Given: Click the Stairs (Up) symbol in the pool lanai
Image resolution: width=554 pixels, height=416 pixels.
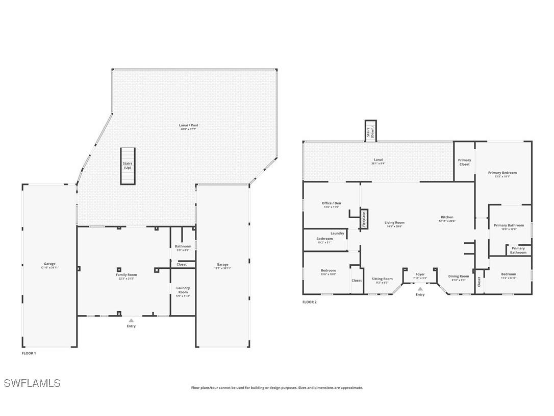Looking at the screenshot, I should tap(128, 166).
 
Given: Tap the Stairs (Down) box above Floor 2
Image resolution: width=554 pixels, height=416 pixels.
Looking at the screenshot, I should tap(371, 131).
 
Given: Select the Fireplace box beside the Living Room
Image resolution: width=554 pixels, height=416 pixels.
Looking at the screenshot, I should tap(364, 219).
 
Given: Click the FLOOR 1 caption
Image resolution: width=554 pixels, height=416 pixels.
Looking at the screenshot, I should tap(29, 353).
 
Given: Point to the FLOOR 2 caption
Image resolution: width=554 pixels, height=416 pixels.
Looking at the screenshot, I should tap(310, 302).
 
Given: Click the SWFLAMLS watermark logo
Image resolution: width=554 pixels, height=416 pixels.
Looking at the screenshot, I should tap(32, 383).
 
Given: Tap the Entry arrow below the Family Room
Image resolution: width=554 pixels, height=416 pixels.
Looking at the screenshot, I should tap(131, 320).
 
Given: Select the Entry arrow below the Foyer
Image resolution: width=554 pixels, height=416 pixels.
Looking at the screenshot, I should tap(420, 289).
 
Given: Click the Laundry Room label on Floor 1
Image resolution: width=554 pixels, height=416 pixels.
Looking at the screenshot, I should tap(183, 290).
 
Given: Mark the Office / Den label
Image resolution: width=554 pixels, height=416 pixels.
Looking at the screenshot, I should tap(332, 203).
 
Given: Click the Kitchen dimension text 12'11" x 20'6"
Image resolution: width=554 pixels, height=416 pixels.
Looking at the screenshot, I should tap(447, 221).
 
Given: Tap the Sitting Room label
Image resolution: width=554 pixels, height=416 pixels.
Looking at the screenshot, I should tap(382, 279).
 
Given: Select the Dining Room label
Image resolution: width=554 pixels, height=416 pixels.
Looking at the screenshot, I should tap(459, 276).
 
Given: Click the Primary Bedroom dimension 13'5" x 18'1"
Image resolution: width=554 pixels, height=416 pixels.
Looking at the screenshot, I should tap(502, 176).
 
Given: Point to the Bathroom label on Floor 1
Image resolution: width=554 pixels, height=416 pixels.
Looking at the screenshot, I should tap(183, 246).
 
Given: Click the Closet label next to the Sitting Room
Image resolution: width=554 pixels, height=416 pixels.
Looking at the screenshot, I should tap(357, 280).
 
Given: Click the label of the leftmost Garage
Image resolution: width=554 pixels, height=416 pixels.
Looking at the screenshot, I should tap(49, 264).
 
